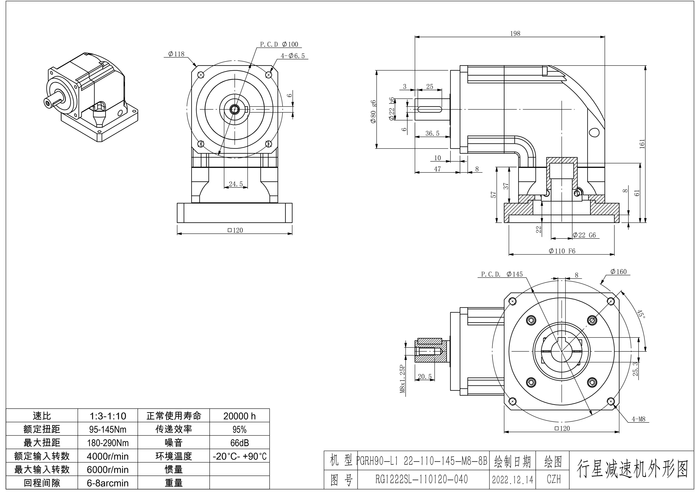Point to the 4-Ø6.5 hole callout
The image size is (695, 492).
[293, 56]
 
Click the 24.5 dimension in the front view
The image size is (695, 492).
[236, 184]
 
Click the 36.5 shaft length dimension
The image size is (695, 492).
[432, 133]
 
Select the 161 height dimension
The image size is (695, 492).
[642, 144]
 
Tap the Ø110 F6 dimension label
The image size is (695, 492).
[562, 251]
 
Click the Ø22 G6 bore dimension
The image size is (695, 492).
[584, 235]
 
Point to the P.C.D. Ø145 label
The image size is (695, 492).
[502, 274]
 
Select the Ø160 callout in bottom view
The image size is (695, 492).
[618, 272]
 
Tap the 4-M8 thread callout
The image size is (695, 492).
[638, 419]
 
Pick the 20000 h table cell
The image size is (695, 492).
[239, 416]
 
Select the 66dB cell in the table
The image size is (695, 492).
[239, 443]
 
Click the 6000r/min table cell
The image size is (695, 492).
[107, 469]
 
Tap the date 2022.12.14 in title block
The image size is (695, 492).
[512, 480]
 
